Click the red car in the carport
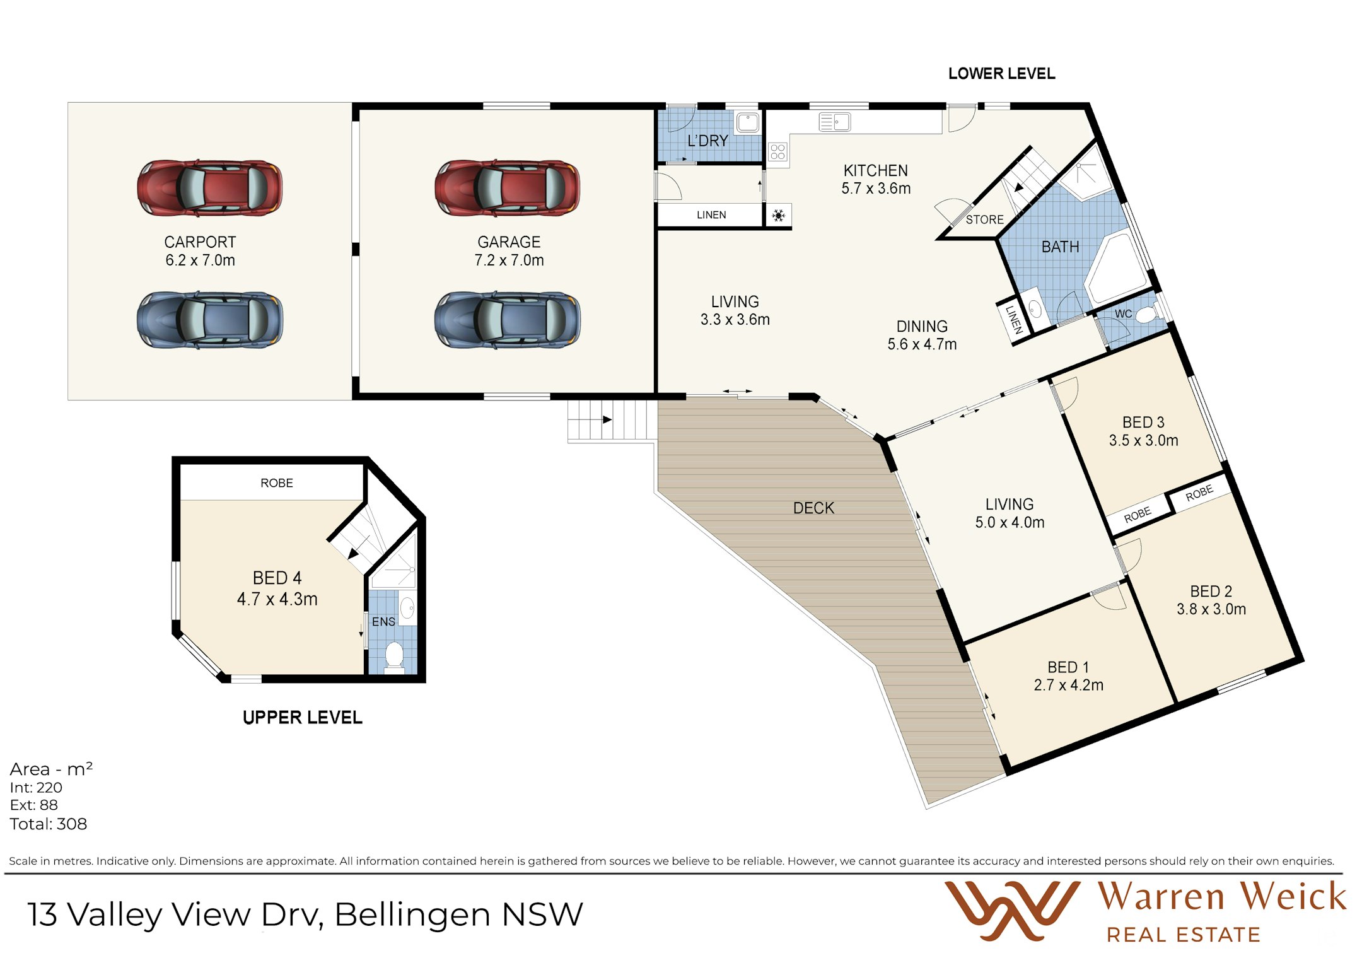209,188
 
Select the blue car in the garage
507,319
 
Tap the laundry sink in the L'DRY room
748,122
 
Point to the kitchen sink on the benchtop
834,122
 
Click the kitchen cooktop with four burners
777,151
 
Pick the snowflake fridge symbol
779,216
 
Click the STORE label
984,219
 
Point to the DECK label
813,508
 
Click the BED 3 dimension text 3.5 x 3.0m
1143,440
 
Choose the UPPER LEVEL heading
303,718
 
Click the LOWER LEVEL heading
1001,74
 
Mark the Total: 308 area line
49,824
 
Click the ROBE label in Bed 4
277,483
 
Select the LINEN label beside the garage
711,215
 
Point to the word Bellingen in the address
412,915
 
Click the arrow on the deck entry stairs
607,419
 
